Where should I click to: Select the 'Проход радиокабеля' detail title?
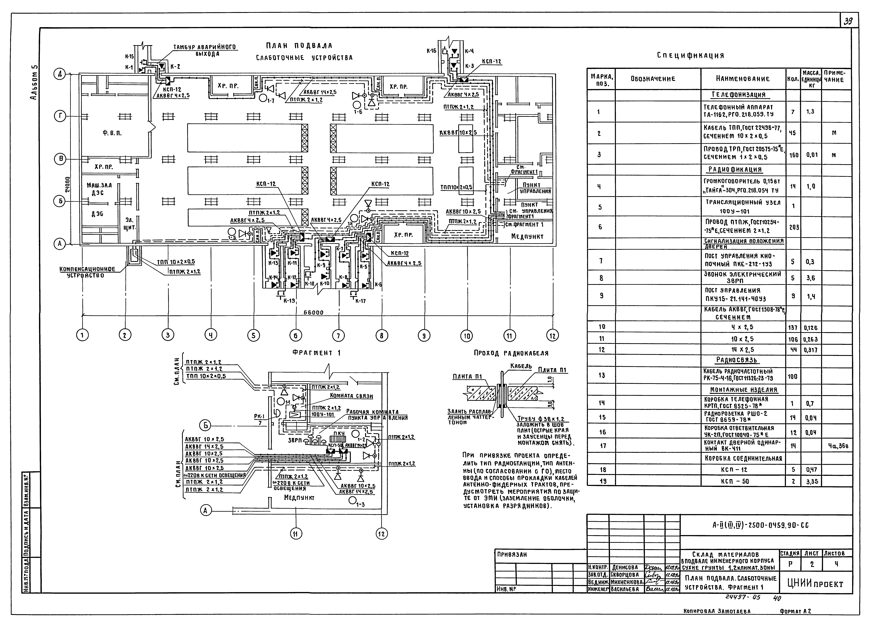511,353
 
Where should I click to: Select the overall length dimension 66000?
313,313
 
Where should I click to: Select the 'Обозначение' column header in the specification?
653,79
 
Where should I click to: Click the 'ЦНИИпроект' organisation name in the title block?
815,584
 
